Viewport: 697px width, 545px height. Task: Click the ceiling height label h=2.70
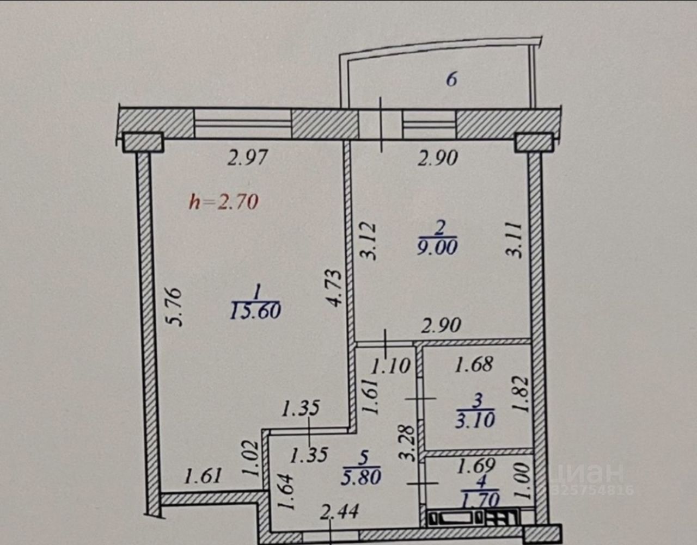point(223,202)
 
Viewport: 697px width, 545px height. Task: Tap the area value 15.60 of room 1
point(255,311)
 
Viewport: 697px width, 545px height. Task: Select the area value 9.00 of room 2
point(437,247)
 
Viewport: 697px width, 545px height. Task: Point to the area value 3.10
point(476,420)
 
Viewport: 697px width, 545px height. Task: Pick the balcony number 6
point(451,79)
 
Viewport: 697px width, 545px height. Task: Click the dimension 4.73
point(335,288)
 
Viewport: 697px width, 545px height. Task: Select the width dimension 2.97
point(248,158)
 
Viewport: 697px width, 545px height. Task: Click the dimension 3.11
point(517,239)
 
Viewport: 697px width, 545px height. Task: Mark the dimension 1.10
point(390,366)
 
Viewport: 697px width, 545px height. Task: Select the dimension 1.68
point(474,364)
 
